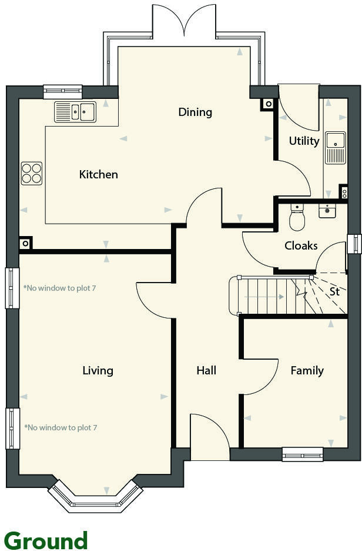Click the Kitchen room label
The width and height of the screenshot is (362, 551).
99,174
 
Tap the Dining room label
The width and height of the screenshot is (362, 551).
195,112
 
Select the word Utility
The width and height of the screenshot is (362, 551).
304,141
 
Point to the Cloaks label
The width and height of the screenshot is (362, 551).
301,245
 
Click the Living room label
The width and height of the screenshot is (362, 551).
98,370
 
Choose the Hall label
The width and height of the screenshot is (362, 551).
206,370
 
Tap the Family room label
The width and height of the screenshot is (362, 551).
307,370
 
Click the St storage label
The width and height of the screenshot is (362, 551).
334,291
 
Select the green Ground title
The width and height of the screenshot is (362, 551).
46,539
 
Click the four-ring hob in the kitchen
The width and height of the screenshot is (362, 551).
32,173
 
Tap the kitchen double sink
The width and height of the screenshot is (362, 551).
75,111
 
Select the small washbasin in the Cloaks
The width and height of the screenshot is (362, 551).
327,210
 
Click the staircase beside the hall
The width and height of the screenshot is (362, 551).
270,296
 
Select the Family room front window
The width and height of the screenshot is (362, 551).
303,454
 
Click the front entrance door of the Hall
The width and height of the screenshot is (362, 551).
210,439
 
